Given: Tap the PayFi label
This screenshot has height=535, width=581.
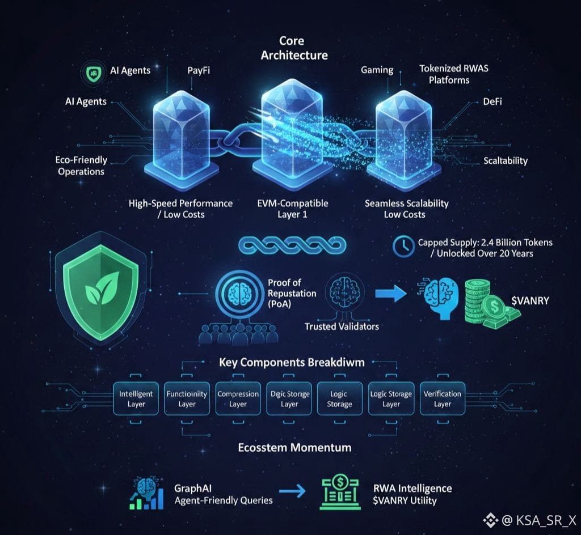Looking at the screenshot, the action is (200, 71).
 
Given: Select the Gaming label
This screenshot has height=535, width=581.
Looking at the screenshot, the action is (377, 70).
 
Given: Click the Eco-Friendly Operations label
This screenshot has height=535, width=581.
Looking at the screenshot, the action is (82, 165).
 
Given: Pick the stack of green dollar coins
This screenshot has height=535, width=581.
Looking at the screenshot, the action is (484, 301).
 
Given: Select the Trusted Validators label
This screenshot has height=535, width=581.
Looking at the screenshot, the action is (342, 326).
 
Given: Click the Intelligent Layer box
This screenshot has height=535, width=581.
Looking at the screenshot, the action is (136, 399).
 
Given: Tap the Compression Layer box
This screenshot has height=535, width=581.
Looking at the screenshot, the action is (238, 399).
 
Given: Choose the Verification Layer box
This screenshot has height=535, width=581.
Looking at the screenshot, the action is (442, 399).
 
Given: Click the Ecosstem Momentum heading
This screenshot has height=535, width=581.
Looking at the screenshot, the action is (294, 447).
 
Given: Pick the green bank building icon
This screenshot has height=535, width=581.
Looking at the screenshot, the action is (334, 491).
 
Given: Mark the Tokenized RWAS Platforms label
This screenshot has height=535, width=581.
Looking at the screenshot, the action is (453, 74).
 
